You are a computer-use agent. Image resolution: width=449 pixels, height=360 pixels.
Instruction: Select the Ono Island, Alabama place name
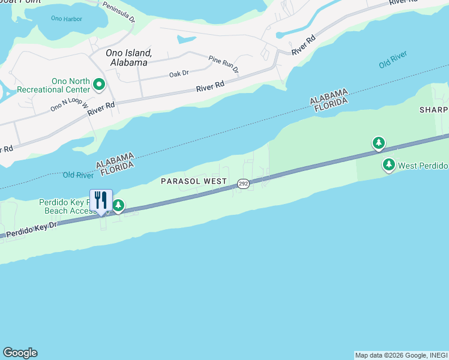tap(126, 58)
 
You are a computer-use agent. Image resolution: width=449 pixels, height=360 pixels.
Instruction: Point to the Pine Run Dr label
tap(224, 63)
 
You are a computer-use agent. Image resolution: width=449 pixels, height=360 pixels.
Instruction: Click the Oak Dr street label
tap(179, 73)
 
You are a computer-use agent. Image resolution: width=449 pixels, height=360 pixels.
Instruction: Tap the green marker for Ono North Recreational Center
tap(99, 85)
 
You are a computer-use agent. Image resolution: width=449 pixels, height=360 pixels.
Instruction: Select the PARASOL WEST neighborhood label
tap(193, 181)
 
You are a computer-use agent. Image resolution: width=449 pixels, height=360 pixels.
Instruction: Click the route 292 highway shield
tap(243, 184)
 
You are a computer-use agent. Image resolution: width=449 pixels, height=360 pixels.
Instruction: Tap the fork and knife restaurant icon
tap(101, 200)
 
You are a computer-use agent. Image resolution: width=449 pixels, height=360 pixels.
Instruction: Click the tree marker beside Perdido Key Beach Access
tap(119, 206)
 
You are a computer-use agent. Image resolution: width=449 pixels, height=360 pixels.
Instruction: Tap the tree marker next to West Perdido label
tap(389, 164)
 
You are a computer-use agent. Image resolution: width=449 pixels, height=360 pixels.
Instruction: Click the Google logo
tap(20, 353)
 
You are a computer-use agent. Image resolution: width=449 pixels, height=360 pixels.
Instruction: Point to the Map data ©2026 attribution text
tap(401, 355)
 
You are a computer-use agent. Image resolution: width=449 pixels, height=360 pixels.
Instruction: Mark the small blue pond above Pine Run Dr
tap(187, 40)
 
